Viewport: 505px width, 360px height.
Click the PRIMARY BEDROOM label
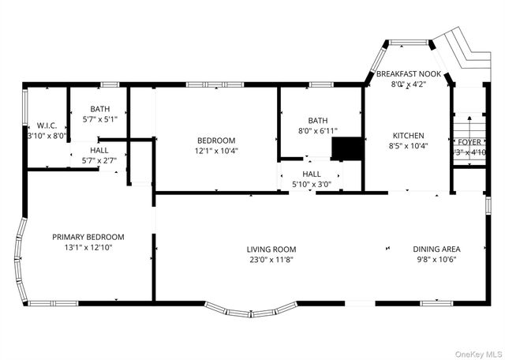click(88, 237)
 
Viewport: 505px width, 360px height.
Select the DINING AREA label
click(436, 249)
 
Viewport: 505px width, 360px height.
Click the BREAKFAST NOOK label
click(408, 73)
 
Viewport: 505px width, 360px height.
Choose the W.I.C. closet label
click(47, 126)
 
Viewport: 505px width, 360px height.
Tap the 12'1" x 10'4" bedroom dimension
click(216, 150)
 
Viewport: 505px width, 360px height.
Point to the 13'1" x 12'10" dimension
click(88, 247)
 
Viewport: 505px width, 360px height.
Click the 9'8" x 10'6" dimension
click(436, 259)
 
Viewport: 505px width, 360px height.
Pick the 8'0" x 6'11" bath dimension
click(317, 130)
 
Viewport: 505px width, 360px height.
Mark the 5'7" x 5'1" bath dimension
click(99, 120)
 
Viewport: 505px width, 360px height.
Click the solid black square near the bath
click(345, 149)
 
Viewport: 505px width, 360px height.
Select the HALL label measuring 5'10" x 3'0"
click(311, 174)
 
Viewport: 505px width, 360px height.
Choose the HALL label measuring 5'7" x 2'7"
click(99, 150)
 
